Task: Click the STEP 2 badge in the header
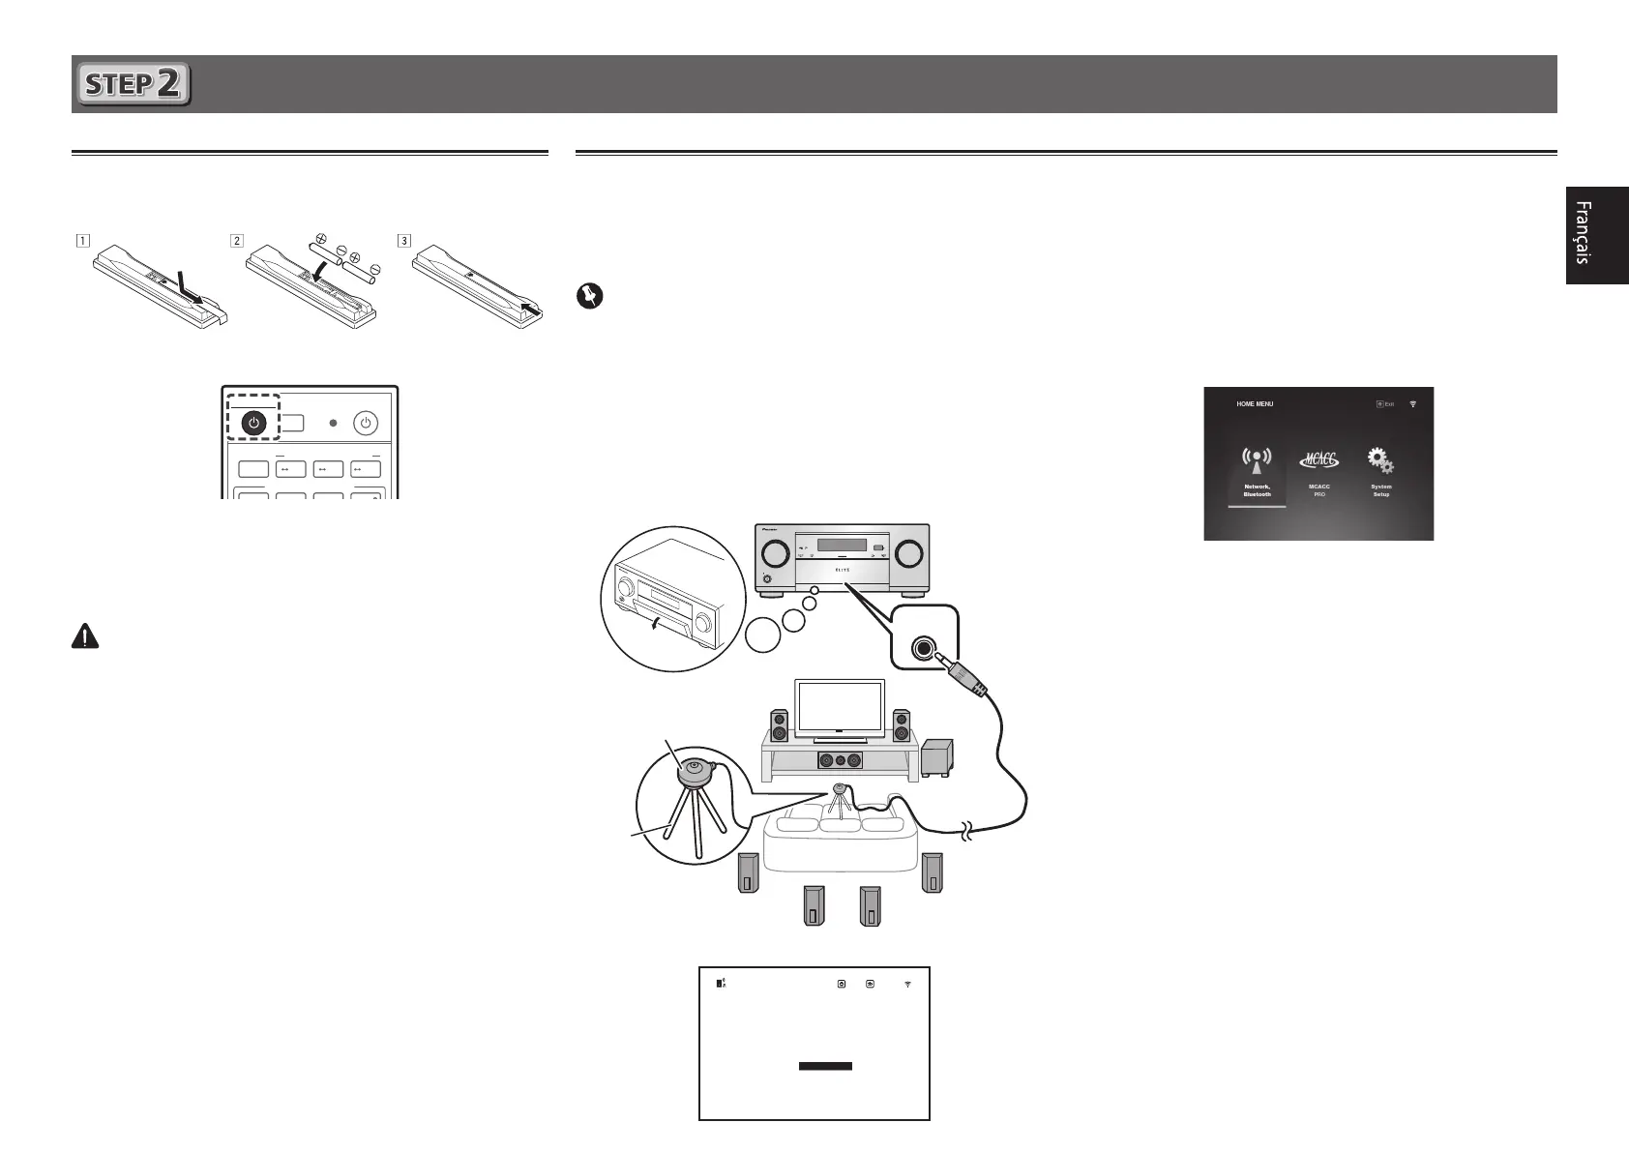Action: click(x=133, y=84)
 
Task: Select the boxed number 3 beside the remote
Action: click(x=403, y=240)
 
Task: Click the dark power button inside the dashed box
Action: click(x=253, y=423)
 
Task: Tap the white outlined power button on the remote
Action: click(x=365, y=423)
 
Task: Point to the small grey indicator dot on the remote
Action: click(x=332, y=423)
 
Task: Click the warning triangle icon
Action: click(x=85, y=635)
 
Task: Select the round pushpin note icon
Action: click(x=589, y=296)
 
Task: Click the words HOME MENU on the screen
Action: click(x=1255, y=404)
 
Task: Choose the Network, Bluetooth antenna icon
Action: click(x=1257, y=461)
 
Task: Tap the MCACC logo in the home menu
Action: click(x=1318, y=461)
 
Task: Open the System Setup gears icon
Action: click(x=1380, y=460)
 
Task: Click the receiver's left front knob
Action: click(x=774, y=553)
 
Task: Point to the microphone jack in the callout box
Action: click(x=924, y=648)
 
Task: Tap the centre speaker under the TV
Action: click(x=838, y=760)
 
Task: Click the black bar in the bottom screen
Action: click(x=825, y=1066)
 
